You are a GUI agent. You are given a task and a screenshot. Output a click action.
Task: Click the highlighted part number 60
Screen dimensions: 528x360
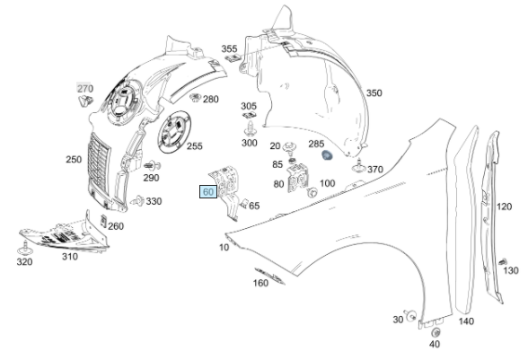(208, 191)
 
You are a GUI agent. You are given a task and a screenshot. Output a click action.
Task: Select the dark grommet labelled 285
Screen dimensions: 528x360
(327, 155)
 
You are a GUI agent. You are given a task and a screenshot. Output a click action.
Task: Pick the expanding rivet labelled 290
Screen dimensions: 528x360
(153, 166)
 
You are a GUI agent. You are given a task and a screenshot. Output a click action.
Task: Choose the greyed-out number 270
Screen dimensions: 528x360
(84, 89)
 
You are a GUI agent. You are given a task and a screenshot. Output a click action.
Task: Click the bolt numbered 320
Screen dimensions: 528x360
(24, 249)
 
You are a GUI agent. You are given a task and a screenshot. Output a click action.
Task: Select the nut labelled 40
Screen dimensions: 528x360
(436, 333)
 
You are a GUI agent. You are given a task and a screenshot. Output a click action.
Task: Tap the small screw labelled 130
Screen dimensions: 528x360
(503, 261)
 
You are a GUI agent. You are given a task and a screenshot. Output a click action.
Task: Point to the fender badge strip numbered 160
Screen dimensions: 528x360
(269, 276)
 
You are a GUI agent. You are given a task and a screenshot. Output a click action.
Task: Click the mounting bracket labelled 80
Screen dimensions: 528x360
(298, 178)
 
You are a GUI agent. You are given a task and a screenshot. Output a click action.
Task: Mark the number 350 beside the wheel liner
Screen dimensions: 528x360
(374, 93)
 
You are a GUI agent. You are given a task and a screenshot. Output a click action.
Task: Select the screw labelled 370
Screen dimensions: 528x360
(358, 166)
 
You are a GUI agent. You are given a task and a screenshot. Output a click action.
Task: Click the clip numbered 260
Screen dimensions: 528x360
(104, 221)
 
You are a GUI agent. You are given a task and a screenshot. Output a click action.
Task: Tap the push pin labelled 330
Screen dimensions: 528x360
(137, 200)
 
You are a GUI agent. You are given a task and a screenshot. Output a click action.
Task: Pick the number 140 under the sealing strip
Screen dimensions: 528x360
(466, 321)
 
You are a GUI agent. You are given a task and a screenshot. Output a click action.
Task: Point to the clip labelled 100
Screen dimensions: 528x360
(312, 193)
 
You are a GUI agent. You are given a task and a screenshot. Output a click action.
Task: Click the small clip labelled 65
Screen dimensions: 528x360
(244, 203)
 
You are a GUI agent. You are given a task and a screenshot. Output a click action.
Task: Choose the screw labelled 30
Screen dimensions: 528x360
(411, 316)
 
